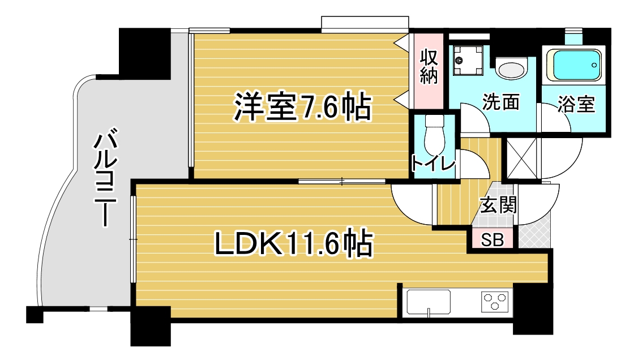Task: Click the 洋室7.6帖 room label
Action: [x=303, y=108]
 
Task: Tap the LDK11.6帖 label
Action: [x=293, y=243]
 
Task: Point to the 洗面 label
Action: [x=501, y=102]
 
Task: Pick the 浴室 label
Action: [x=576, y=104]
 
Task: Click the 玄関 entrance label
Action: [x=498, y=204]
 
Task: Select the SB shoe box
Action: [x=493, y=240]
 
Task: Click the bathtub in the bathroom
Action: [x=573, y=66]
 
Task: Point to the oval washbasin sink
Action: [x=511, y=69]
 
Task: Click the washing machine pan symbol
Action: [x=468, y=61]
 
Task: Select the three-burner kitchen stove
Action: [x=495, y=302]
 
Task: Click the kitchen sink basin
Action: [x=429, y=302]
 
